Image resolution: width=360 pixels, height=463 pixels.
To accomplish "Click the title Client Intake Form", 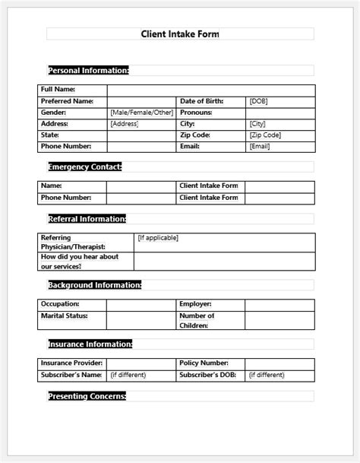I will point(180,34).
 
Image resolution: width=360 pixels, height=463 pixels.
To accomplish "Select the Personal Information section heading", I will point(88,71).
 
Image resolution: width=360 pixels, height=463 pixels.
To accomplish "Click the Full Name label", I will point(58,90).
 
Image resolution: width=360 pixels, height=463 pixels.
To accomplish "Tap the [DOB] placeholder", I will point(258,101).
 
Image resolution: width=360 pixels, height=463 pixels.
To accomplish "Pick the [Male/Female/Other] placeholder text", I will point(141,113).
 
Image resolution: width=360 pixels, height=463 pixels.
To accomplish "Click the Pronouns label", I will point(196,113).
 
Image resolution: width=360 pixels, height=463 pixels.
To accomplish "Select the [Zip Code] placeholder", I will point(265,135).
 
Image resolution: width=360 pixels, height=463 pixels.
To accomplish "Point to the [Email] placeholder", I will point(260,147).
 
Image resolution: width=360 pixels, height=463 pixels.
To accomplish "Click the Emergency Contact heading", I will point(84,166).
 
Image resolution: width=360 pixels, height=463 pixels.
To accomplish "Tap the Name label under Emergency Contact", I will point(52,186).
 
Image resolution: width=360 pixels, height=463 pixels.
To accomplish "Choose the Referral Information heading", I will point(87,219).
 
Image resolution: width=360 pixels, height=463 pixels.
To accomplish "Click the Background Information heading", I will point(94,285).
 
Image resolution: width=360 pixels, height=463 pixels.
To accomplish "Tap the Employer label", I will point(195,304).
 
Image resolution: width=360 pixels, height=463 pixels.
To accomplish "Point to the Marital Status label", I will point(65,316).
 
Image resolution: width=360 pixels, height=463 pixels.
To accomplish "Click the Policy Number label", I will point(204,363).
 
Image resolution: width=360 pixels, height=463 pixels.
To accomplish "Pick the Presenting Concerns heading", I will point(87,396).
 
